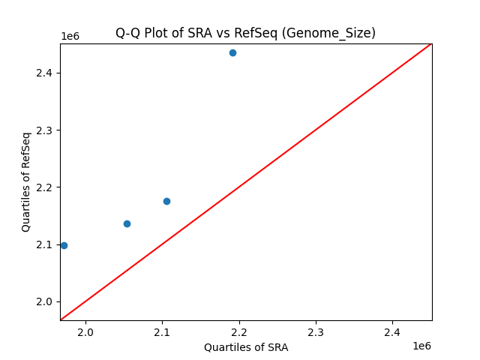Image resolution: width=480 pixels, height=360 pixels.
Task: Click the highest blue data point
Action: click(x=232, y=52)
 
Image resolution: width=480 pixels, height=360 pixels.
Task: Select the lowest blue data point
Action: click(x=64, y=245)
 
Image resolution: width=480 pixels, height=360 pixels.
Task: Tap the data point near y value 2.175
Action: click(x=166, y=201)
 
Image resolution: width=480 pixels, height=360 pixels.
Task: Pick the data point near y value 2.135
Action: click(x=127, y=223)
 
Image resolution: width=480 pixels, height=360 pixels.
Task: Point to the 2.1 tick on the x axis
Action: click(x=162, y=332)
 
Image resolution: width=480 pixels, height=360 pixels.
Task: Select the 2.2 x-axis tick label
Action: click(x=239, y=332)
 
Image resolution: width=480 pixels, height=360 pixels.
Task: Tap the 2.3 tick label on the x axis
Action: click(x=316, y=332)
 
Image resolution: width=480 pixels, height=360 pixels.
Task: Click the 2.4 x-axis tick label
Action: click(x=392, y=332)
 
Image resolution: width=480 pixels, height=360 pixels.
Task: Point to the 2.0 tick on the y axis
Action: click(x=44, y=301)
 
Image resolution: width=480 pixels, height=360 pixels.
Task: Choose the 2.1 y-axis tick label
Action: click(x=44, y=244)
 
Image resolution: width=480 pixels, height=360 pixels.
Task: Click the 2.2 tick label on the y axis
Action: click(x=44, y=187)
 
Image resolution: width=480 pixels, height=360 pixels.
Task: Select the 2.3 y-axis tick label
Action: click(x=44, y=130)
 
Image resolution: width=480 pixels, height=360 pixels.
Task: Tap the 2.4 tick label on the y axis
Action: click(x=44, y=73)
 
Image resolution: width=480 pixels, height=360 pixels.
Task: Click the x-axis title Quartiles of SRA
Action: click(x=246, y=347)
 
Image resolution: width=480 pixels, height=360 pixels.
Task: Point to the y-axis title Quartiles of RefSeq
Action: click(x=26, y=181)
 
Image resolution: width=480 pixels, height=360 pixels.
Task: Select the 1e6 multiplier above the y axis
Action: click(x=70, y=36)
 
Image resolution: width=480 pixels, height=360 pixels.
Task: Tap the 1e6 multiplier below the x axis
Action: click(x=421, y=346)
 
